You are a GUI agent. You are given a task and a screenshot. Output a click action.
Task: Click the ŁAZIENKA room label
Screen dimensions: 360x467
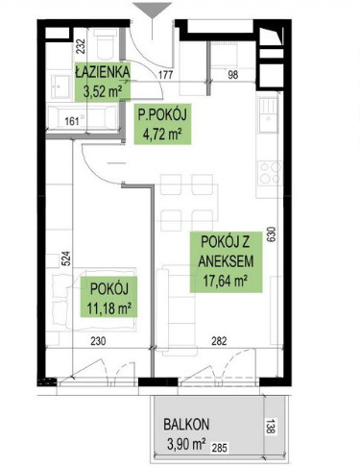[x=103, y=71]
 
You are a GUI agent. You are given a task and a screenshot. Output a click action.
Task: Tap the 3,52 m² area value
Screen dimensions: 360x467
[x=103, y=91]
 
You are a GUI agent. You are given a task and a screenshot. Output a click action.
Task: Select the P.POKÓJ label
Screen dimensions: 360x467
[x=162, y=115]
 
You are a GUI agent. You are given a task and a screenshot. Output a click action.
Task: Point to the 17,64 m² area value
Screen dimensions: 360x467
[x=226, y=281]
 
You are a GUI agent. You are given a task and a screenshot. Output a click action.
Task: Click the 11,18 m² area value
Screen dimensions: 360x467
[x=108, y=308]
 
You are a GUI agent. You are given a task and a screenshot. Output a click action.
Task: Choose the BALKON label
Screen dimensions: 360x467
[x=186, y=424]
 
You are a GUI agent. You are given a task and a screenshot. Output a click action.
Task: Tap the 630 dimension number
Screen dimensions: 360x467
[x=271, y=234]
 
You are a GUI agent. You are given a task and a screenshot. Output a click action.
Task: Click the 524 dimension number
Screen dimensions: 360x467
[x=65, y=258]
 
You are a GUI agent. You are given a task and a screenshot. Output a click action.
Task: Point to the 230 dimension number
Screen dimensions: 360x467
[x=98, y=341]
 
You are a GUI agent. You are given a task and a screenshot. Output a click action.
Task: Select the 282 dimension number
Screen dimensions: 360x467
[x=219, y=341]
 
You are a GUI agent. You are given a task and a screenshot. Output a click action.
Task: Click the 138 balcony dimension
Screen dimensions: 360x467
[x=271, y=426]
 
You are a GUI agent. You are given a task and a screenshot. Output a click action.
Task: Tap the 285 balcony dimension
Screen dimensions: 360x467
[x=220, y=447]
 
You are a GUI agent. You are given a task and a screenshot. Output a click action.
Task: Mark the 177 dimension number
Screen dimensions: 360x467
[x=166, y=75]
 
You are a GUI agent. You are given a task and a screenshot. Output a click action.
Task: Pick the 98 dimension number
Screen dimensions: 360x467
[x=233, y=75]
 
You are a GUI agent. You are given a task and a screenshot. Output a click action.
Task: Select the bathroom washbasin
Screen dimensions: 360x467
[x=60, y=86]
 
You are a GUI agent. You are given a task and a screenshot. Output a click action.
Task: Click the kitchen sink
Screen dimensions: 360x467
[x=268, y=115]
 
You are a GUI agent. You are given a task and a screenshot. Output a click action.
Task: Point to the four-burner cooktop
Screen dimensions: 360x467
[x=270, y=173]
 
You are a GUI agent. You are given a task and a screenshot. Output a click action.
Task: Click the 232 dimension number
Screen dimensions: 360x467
[x=82, y=46]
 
